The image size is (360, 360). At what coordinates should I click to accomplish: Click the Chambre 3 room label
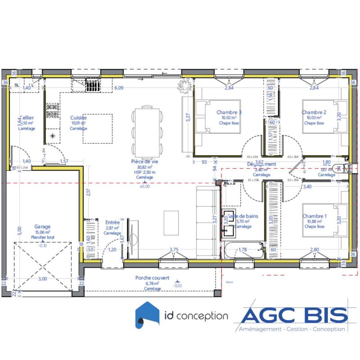229,112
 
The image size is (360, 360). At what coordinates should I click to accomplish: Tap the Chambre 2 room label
314,112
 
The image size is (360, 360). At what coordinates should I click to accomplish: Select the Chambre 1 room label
315,216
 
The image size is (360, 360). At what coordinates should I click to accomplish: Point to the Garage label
42,227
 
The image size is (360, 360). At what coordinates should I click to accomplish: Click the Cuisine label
78,118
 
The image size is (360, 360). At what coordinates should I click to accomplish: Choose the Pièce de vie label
144,161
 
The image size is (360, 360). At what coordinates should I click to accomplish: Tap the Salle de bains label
243,216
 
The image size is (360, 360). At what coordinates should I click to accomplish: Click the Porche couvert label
153,278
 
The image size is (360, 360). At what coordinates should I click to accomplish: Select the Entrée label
112,222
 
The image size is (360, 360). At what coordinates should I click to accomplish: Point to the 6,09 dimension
119,88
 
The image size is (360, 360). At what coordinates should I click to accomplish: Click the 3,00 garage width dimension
42,279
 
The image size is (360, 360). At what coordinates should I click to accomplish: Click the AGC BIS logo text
295,316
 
